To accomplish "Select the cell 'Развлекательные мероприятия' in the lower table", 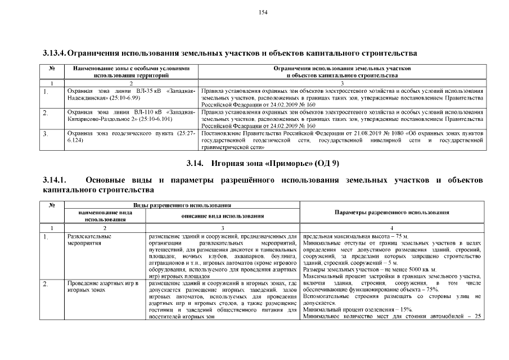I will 85,240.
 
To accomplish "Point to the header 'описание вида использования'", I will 223,216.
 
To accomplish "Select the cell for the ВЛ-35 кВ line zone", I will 130,94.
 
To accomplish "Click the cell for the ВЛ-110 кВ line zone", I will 130,115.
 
